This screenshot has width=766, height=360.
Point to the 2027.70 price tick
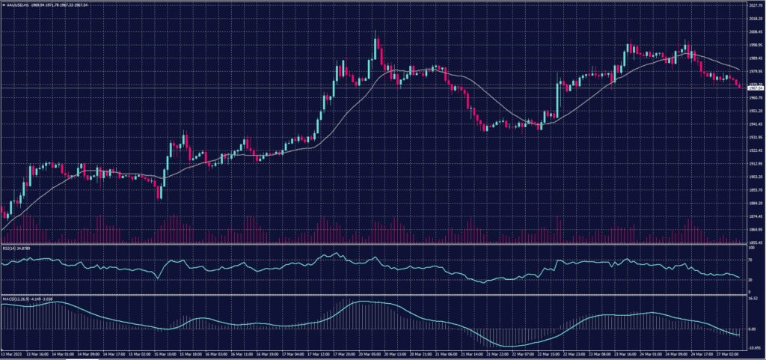click(755, 6)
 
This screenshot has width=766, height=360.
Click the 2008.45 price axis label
click(755, 33)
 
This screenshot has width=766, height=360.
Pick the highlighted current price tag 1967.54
click(755, 88)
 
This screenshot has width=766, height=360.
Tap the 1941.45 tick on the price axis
click(755, 123)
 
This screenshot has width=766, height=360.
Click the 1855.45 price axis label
click(755, 242)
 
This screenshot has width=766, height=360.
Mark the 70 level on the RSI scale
click(750, 260)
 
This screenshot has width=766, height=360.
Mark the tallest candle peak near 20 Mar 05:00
click(375, 33)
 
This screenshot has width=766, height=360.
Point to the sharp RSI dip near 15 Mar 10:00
click(158, 278)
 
